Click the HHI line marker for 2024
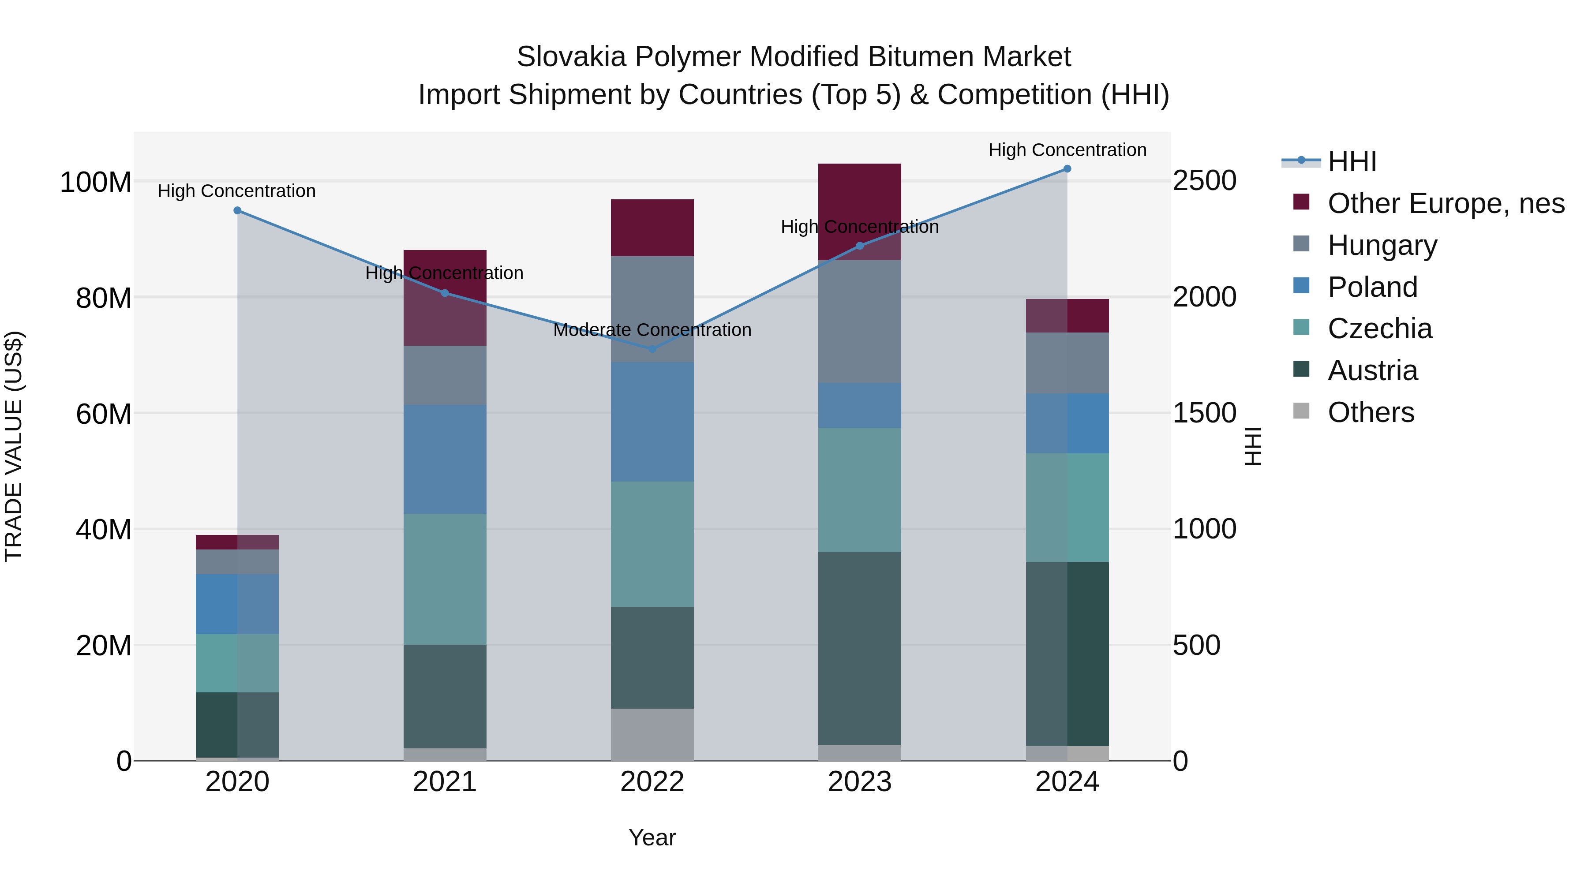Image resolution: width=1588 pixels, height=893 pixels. [x=1067, y=169]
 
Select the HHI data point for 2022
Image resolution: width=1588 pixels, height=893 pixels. [x=652, y=349]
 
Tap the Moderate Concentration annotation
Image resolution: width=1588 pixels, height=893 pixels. [x=652, y=330]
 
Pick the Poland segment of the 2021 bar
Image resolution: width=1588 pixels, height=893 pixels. [x=445, y=459]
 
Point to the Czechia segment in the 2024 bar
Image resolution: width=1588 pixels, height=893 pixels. [x=1067, y=507]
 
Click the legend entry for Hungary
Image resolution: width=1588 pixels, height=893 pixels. [x=1382, y=245]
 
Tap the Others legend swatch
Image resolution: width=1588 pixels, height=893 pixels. [x=1301, y=411]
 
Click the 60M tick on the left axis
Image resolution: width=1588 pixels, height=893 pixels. [x=104, y=414]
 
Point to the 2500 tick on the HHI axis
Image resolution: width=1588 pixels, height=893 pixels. [x=1204, y=181]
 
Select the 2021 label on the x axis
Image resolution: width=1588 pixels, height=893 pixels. [x=445, y=782]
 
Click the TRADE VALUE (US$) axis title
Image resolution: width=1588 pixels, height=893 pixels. [x=14, y=446]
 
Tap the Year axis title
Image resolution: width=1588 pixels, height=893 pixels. [x=652, y=837]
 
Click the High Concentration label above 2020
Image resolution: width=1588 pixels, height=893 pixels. [x=237, y=191]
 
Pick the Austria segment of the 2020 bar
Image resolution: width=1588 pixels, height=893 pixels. [x=237, y=725]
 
